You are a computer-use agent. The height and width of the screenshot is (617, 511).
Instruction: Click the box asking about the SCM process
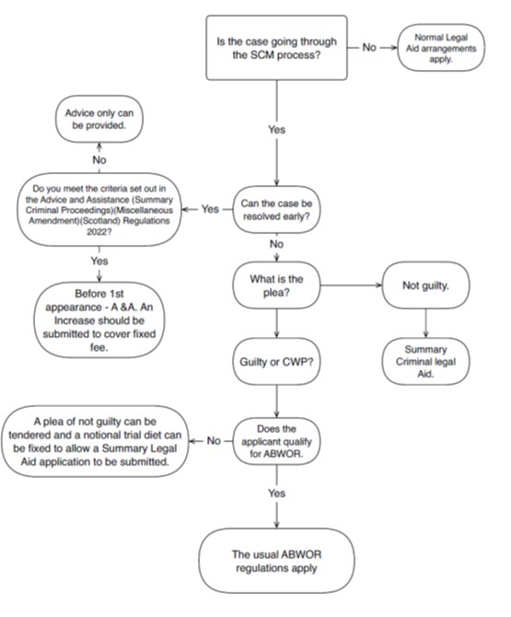tap(276, 48)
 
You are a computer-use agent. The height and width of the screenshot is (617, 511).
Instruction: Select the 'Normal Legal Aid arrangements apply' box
tap(441, 48)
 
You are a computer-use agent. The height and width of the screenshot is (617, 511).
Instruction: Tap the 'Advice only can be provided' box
tap(99, 119)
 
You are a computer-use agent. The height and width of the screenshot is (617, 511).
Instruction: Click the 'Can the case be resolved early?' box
tap(276, 209)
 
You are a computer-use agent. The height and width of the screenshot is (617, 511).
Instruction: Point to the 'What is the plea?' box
tap(276, 285)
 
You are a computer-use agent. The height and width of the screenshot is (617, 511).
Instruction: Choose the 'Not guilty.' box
tap(425, 285)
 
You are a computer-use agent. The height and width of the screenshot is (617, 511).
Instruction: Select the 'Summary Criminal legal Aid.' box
tap(425, 361)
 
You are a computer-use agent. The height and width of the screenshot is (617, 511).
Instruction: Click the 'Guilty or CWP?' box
tap(276, 361)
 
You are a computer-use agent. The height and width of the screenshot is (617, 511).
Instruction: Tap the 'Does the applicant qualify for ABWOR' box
tap(276, 441)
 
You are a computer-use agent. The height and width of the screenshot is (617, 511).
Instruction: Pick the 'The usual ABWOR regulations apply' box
tap(276, 561)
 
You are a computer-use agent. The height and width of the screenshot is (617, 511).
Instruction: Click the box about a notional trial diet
tap(95, 441)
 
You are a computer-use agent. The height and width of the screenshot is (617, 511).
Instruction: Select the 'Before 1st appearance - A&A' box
tap(99, 320)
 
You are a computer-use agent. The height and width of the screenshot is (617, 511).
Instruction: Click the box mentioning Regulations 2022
tap(99, 209)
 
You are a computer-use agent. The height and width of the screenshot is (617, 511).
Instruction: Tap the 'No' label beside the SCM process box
tap(369, 47)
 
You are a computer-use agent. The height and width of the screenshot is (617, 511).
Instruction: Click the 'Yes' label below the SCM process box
tap(276, 130)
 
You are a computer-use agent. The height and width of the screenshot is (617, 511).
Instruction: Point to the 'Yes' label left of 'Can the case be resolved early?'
tap(210, 209)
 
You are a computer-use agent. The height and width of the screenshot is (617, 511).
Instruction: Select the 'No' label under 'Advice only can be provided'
tap(99, 159)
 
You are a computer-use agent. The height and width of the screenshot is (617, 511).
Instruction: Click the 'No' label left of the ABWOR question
tap(214, 441)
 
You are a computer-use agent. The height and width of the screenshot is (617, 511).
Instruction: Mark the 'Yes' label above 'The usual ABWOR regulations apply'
tap(276, 493)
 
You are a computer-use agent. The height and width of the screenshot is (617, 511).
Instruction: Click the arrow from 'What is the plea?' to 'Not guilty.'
tap(351, 285)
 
